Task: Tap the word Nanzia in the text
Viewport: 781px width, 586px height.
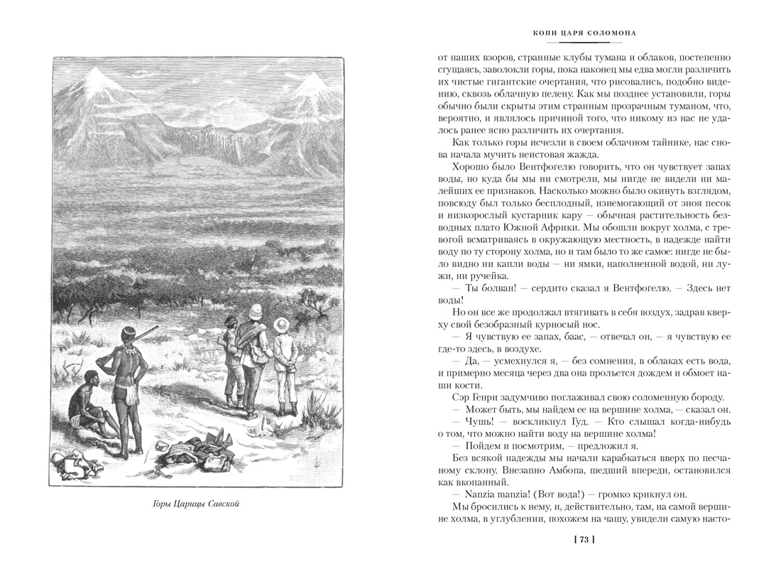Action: pyautogui.click(x=468, y=494)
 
